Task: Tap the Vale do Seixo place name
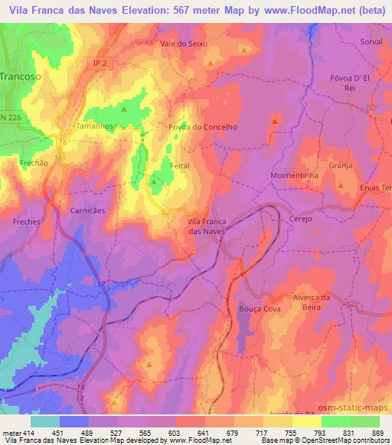pos(184,44)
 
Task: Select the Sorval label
pos(371,42)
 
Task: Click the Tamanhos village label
pos(96,125)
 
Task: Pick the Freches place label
pos(27,220)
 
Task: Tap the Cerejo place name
pos(302,218)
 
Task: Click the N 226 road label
pos(10,116)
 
